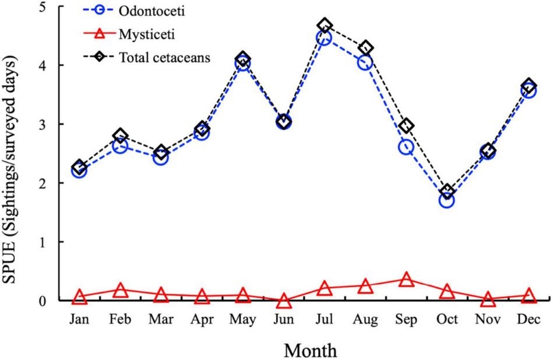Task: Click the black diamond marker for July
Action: point(325,26)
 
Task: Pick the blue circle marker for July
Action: point(325,38)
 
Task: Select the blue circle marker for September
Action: point(406,147)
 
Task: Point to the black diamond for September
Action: point(406,126)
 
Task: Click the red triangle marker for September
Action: point(406,280)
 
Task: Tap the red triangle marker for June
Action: point(284,301)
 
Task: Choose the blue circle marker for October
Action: point(447,200)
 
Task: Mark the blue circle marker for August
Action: point(365,62)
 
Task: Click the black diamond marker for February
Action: point(121,136)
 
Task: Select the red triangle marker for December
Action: point(529,296)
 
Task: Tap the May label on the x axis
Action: point(243,321)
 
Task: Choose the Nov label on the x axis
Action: point(488,321)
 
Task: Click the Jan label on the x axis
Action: point(80,321)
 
